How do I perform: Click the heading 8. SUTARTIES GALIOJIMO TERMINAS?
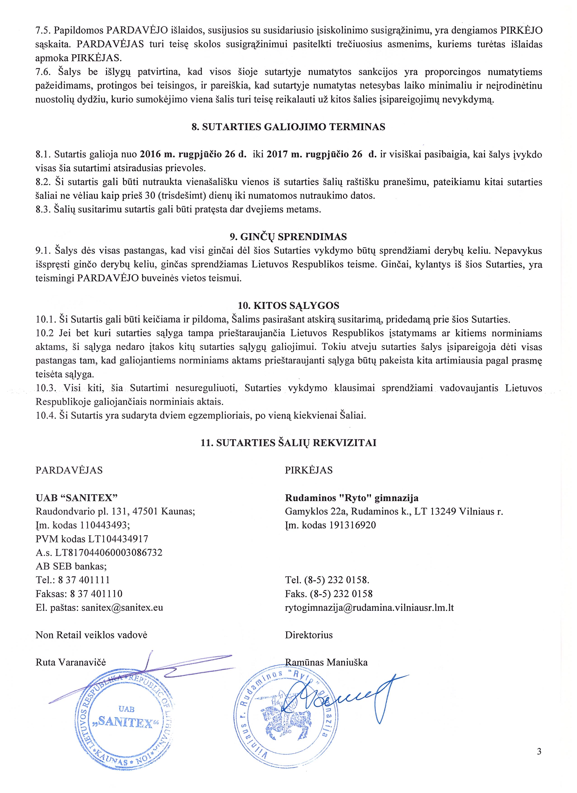pyautogui.click(x=288, y=127)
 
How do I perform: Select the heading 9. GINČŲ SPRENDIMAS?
pyautogui.click(x=288, y=237)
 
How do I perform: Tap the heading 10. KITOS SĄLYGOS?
pyautogui.click(x=288, y=306)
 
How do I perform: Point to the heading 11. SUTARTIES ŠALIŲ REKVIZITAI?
pyautogui.click(x=288, y=443)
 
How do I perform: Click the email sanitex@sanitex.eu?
pyautogui.click(x=122, y=607)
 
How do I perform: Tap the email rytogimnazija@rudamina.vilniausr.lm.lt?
pyautogui.click(x=369, y=607)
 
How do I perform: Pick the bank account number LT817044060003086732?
pyautogui.click(x=109, y=552)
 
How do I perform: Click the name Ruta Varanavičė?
pyautogui.click(x=71, y=662)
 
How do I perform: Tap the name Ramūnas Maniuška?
pyautogui.click(x=326, y=662)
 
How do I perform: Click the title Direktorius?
pyautogui.click(x=309, y=635)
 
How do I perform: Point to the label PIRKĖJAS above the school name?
pyautogui.click(x=309, y=470)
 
